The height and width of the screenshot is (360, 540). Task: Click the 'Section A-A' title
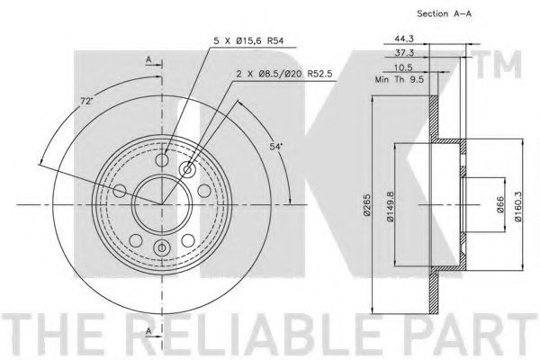[444, 13]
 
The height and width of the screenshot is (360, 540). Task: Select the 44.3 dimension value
[404, 39]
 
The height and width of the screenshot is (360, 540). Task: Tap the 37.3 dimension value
[404, 53]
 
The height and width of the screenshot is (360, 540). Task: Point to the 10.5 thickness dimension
[403, 67]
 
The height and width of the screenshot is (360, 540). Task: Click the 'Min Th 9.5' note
[400, 79]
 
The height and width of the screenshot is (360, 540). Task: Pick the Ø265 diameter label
[367, 204]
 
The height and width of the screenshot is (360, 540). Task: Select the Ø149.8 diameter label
[390, 207]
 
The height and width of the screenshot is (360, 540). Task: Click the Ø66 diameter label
[500, 204]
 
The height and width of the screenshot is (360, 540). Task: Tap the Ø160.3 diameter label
[517, 207]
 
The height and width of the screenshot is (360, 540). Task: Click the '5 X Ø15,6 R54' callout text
[248, 41]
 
